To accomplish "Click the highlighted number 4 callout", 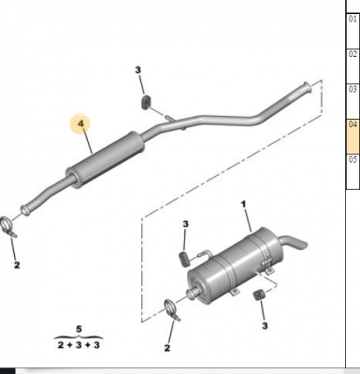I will coord(80,124).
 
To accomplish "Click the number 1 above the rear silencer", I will coord(245,204).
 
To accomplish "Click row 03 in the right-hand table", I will coord(353,90).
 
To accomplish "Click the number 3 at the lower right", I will coord(266,326).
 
